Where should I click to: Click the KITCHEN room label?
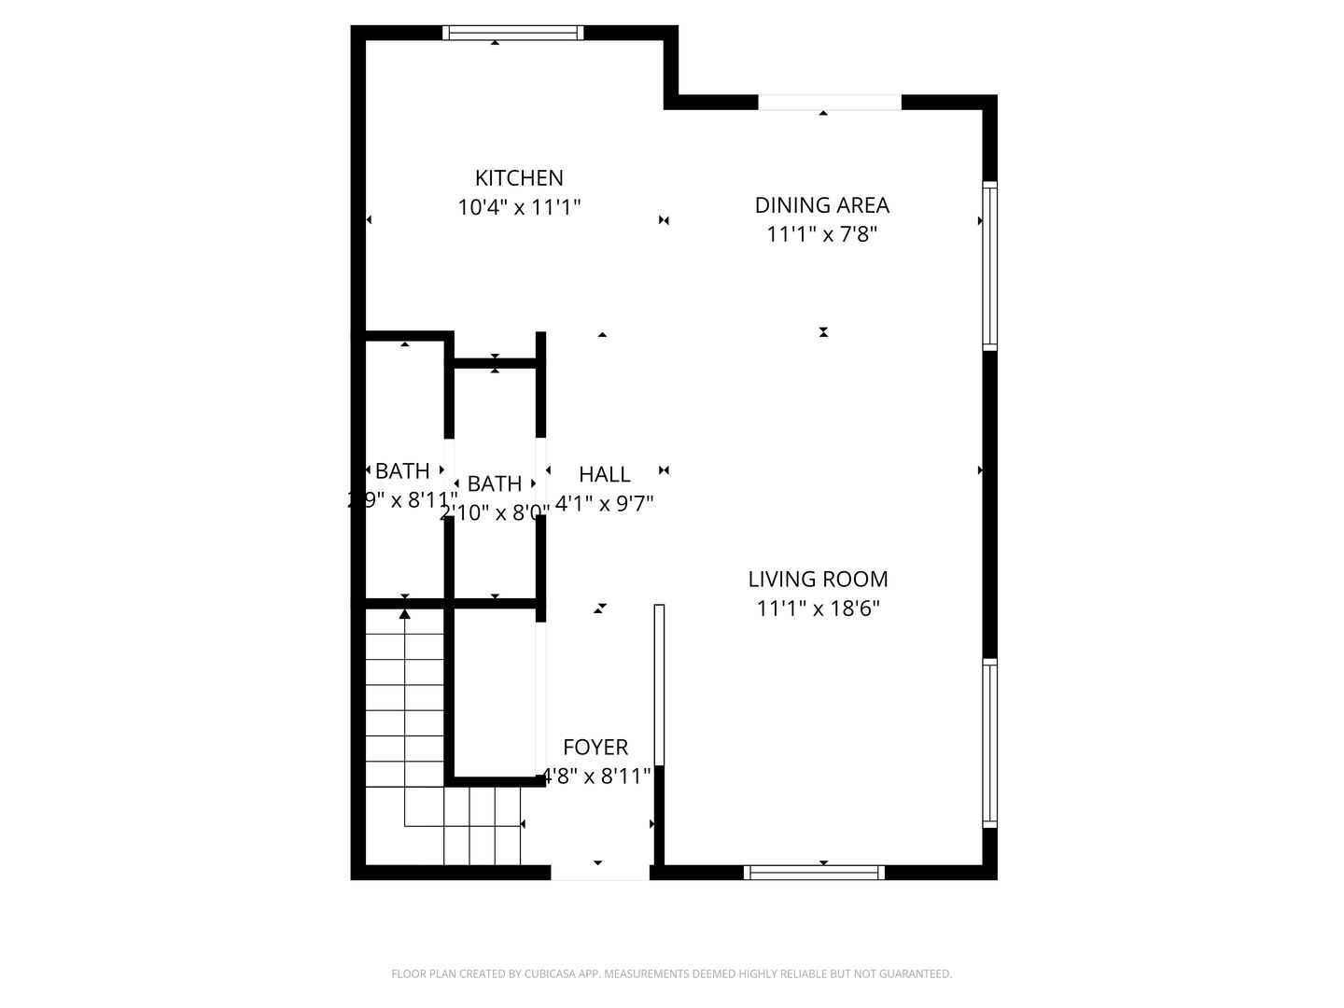click(x=519, y=177)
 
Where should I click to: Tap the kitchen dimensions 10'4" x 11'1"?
click(x=519, y=207)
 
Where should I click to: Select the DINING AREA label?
click(x=821, y=205)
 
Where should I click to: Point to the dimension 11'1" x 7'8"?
click(x=821, y=234)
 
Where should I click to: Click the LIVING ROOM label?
click(x=818, y=580)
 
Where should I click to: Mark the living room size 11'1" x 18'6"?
click(x=818, y=609)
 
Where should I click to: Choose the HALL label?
click(x=605, y=474)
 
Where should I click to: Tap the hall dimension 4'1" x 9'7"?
click(x=605, y=504)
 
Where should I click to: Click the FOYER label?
click(x=595, y=748)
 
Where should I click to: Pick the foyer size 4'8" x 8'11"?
click(x=597, y=777)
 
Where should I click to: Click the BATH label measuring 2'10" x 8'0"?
click(x=495, y=483)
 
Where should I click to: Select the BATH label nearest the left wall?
click(x=402, y=471)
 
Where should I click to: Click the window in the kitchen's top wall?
click(x=512, y=33)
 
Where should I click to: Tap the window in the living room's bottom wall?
click(x=814, y=873)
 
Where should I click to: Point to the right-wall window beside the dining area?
click(x=989, y=266)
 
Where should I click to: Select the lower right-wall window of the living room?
click(x=989, y=743)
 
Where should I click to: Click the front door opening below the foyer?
click(x=600, y=873)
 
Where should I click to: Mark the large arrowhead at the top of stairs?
click(x=405, y=613)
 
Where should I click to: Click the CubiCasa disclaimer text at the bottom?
click(x=671, y=974)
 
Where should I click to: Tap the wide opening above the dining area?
click(x=830, y=103)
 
